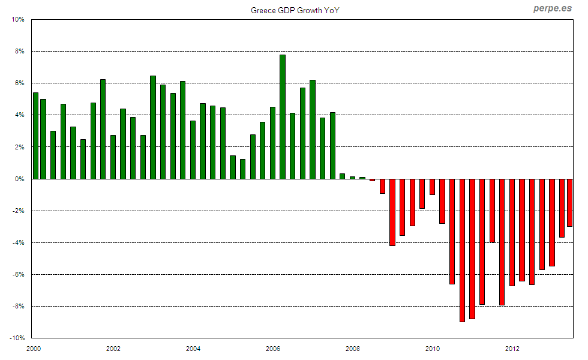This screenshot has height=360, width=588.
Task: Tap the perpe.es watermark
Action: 553,9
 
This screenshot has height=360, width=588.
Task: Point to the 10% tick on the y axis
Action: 17,19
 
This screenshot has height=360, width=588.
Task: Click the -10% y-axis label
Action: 16,338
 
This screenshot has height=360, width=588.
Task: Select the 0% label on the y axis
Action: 19,179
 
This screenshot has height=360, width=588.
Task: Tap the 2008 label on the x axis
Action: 352,349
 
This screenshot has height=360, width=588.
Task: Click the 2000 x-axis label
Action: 33,349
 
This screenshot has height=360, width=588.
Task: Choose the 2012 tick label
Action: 512,349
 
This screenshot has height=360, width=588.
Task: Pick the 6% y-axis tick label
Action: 19,83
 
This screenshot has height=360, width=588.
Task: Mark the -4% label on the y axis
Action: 17,243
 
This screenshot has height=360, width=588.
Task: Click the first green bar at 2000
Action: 35,136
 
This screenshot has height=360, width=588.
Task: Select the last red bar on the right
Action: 569,203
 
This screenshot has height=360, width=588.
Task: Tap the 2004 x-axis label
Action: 193,349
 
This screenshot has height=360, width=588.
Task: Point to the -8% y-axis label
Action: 17,307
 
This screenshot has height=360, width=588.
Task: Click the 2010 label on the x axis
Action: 432,349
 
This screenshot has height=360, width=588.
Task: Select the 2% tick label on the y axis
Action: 19,147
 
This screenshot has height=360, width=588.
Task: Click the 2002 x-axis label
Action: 113,349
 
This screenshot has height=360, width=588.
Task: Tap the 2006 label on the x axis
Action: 272,349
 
